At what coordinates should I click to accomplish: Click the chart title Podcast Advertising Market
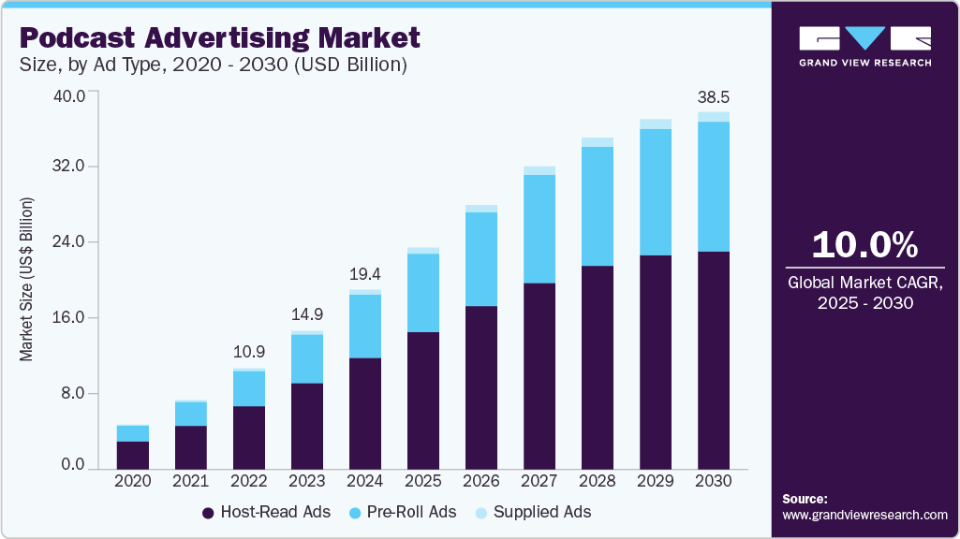219,37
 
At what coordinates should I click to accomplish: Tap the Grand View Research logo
864,46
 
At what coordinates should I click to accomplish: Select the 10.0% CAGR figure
864,245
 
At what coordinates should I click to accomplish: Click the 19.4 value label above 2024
365,274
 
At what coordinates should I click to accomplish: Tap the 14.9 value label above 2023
307,315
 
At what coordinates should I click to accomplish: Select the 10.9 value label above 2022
249,353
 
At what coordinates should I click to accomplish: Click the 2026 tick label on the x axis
481,480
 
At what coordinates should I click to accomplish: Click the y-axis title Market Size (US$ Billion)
27,280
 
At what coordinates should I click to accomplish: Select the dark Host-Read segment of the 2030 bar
714,359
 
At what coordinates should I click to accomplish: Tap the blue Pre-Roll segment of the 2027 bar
539,229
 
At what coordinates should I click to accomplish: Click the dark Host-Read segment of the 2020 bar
133,455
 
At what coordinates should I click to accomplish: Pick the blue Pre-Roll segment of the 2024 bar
365,326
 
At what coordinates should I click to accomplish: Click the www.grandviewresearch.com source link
864,515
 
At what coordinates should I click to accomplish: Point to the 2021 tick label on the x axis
191,480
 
